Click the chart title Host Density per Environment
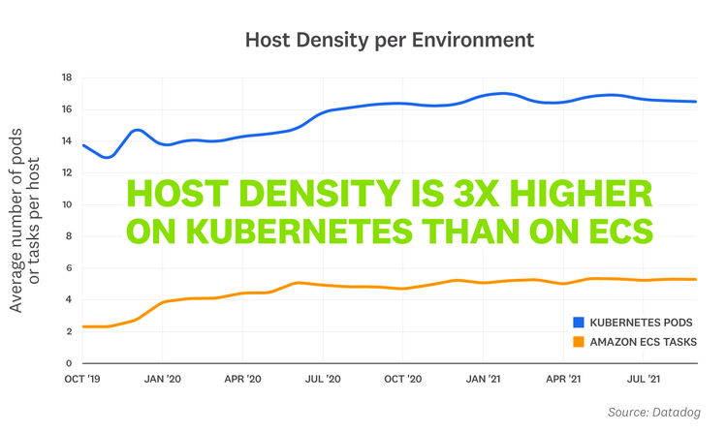pyautogui.click(x=389, y=40)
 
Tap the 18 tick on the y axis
pyautogui.click(x=66, y=77)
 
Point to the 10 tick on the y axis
pyautogui.click(x=66, y=204)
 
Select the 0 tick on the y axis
pyautogui.click(x=69, y=363)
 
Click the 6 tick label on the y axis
pyautogui.click(x=69, y=268)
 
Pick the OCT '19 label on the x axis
pyautogui.click(x=83, y=380)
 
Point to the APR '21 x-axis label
pyautogui.click(x=563, y=380)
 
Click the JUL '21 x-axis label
pyautogui.click(x=642, y=380)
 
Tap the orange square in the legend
pyautogui.click(x=578, y=341)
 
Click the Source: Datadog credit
pyautogui.click(x=653, y=413)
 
